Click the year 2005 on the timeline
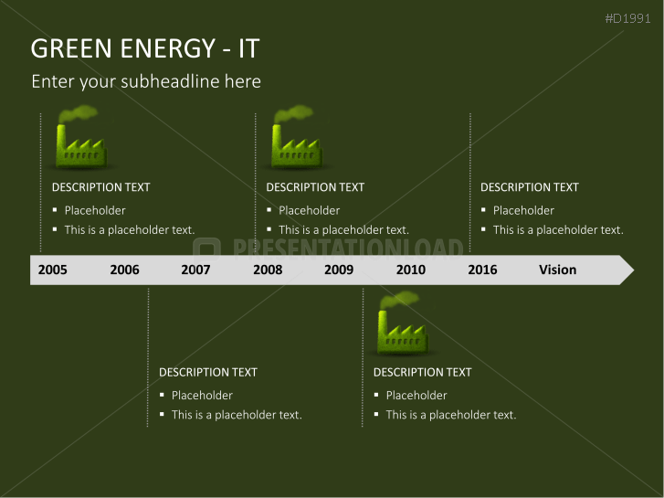click(x=52, y=270)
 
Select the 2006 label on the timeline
click(x=124, y=270)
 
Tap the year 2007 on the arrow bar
click(x=195, y=270)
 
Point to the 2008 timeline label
click(x=268, y=270)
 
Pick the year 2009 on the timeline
click(x=338, y=270)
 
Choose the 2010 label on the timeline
click(x=410, y=270)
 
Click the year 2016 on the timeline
click(x=482, y=270)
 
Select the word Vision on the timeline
click(x=557, y=270)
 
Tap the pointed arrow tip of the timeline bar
click(x=626, y=270)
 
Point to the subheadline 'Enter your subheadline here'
click(x=146, y=81)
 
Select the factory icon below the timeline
click(x=400, y=324)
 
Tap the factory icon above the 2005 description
click(x=80, y=139)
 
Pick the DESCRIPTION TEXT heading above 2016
click(x=529, y=187)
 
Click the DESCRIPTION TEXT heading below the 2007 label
click(x=207, y=372)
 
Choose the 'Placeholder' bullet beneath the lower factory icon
click(x=416, y=396)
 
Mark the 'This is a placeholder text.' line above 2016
click(x=558, y=230)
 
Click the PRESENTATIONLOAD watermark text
click(x=347, y=249)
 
